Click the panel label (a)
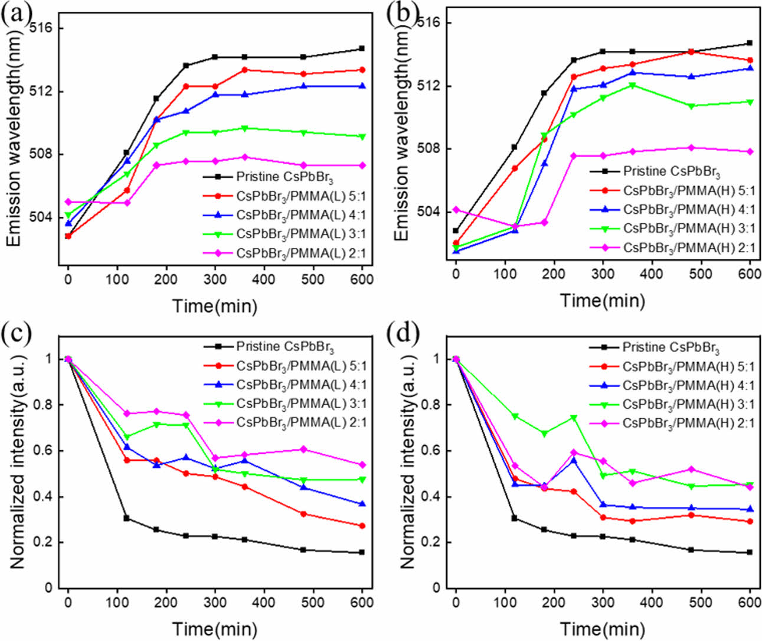coord(16,13)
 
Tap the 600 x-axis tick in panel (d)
coord(750,602)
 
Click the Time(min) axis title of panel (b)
coord(602,300)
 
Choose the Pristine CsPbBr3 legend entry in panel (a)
coord(284,177)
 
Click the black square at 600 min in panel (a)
coord(362,48)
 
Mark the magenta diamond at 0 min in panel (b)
coord(456,210)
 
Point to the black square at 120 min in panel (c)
coord(127,518)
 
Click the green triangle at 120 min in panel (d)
coord(515,417)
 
